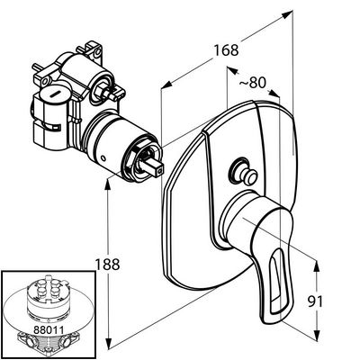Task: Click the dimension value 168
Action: (x=226, y=50)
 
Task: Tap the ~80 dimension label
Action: (x=253, y=83)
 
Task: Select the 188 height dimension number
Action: (x=107, y=265)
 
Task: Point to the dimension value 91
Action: (x=315, y=301)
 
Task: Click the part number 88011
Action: (x=49, y=330)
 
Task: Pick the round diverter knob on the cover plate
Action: (x=243, y=172)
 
